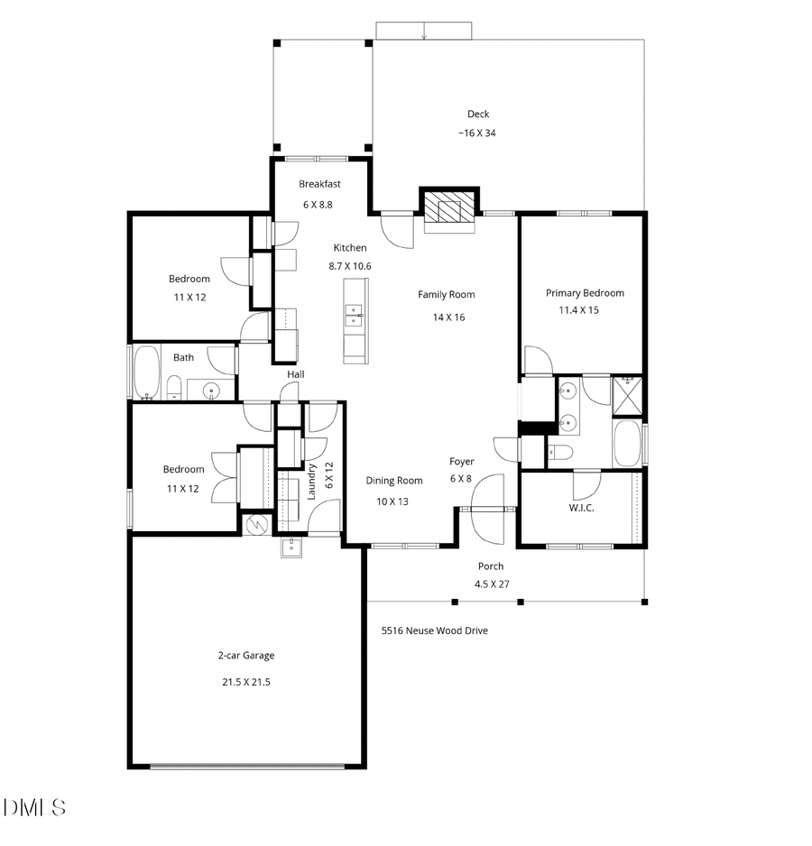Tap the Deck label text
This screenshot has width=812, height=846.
pyautogui.click(x=477, y=114)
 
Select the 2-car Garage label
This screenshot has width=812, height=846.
pyautogui.click(x=245, y=656)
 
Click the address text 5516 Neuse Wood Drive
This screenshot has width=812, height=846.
pyautogui.click(x=434, y=630)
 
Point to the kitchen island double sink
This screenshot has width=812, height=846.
pyautogui.click(x=354, y=315)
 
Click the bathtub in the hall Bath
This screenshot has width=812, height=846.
pyautogui.click(x=144, y=371)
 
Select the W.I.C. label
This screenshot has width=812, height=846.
pyautogui.click(x=581, y=508)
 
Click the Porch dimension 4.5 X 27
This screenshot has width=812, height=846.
pyautogui.click(x=492, y=584)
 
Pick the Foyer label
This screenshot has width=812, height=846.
pyautogui.click(x=461, y=462)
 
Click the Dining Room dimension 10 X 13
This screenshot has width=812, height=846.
pyautogui.click(x=393, y=501)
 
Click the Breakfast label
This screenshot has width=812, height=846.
pyautogui.click(x=319, y=184)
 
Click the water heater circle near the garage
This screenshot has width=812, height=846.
pyautogui.click(x=256, y=522)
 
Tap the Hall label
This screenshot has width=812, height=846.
pyautogui.click(x=296, y=374)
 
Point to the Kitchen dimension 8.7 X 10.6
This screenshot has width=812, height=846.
pyautogui.click(x=349, y=265)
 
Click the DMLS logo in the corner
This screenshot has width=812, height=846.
pyautogui.click(x=35, y=805)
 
